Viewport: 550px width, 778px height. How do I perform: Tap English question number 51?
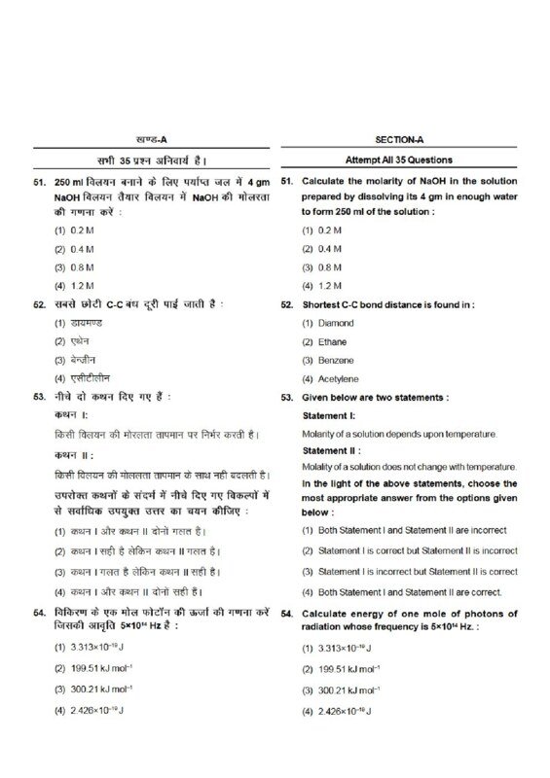(x=287, y=182)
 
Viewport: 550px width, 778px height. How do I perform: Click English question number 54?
(x=287, y=616)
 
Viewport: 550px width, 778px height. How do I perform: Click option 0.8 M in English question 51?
(x=328, y=267)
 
